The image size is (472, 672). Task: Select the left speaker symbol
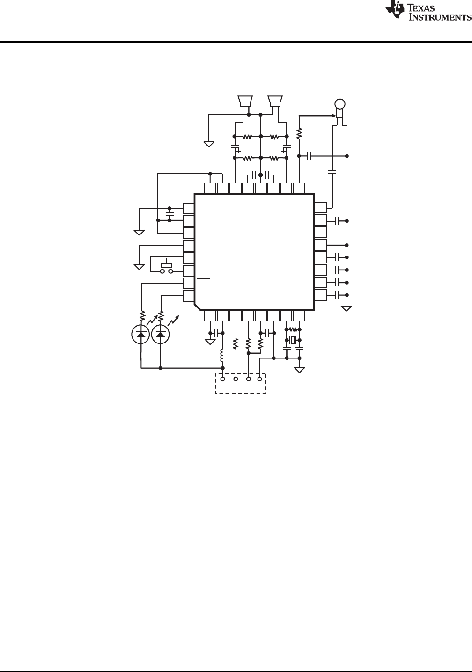click(x=245, y=102)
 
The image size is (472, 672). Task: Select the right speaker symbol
click(x=275, y=102)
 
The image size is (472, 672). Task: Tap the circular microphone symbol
click(x=340, y=104)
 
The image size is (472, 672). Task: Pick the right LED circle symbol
click(x=161, y=334)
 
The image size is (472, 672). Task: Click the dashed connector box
click(x=240, y=383)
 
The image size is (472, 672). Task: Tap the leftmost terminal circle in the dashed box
click(x=222, y=379)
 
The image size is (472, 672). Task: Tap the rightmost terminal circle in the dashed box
click(x=260, y=379)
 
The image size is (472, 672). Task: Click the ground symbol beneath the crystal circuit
click(x=299, y=369)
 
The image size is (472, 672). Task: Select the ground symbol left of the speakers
click(x=209, y=144)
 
